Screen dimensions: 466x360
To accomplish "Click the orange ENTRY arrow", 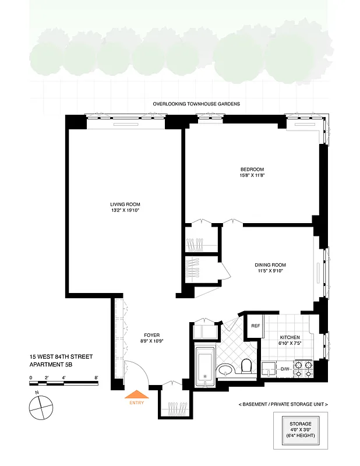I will tap(138, 395).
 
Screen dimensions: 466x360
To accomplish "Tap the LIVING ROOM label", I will tap(125, 204).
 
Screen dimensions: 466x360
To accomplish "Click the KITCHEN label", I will tap(289, 338).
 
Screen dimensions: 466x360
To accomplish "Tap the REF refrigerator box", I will tap(255, 326).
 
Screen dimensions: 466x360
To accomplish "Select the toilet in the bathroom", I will tap(245, 366).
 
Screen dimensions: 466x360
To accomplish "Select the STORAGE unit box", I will tap(301, 430).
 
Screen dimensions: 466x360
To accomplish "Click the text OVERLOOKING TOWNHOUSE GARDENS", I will tap(196, 104).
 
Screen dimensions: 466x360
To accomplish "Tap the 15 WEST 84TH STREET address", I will tap(61, 356).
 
